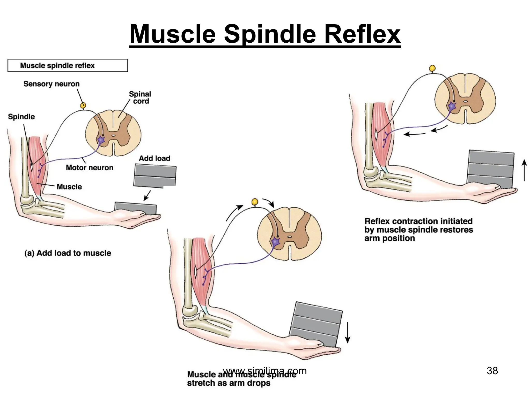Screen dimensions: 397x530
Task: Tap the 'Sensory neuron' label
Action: click(51, 84)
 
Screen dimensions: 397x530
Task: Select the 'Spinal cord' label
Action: click(140, 97)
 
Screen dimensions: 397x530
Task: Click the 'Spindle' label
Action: click(21, 117)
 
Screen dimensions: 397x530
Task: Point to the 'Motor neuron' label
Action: click(90, 167)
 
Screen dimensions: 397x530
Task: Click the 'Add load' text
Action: click(154, 158)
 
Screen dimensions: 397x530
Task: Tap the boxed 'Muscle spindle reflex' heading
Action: click(57, 65)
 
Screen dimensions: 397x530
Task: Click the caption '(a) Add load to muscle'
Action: click(68, 253)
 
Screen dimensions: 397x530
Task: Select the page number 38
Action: click(492, 371)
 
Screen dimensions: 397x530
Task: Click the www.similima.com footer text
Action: click(265, 371)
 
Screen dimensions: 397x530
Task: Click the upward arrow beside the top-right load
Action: click(524, 170)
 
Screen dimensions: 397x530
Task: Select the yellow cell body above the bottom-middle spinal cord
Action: click(255, 201)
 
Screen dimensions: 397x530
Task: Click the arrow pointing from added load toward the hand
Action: click(147, 196)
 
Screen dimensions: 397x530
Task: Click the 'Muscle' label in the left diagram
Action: click(69, 187)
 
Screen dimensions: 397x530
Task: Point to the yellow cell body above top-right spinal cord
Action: click(432, 68)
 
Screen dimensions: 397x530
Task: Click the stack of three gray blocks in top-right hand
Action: click(491, 169)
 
